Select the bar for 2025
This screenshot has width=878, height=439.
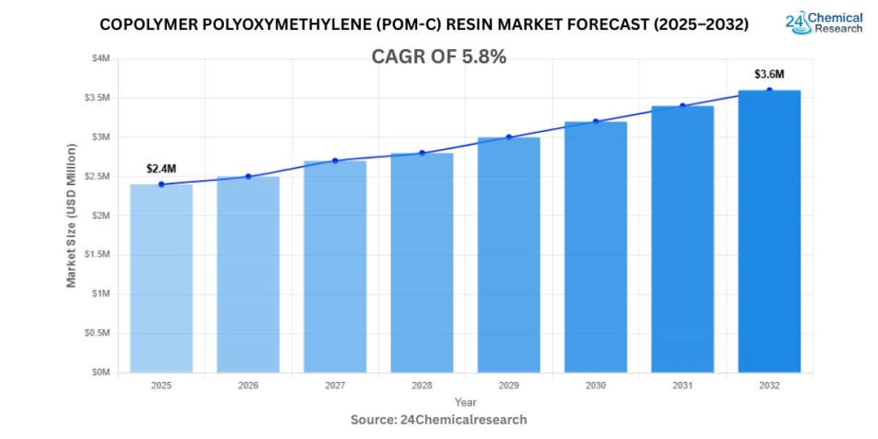tap(161, 278)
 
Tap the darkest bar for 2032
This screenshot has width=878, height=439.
tap(769, 231)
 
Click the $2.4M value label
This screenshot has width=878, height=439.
tap(162, 169)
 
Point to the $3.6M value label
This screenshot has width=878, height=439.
tap(770, 75)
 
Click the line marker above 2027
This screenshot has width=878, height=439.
tap(335, 161)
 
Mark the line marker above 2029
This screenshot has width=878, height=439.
tap(509, 138)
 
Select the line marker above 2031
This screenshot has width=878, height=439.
tap(683, 106)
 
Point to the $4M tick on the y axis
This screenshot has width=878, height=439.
tap(100, 59)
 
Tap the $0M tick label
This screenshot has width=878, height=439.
tap(100, 372)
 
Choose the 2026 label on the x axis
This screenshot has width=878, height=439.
tap(248, 385)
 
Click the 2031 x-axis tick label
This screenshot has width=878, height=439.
tap(683, 385)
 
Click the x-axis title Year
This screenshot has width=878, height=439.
tap(465, 402)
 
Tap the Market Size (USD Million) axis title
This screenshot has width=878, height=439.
tap(72, 215)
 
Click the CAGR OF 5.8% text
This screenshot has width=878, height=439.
tap(439, 57)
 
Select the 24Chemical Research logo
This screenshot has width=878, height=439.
tap(824, 23)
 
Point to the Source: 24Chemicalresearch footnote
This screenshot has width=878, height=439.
tap(439, 420)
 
